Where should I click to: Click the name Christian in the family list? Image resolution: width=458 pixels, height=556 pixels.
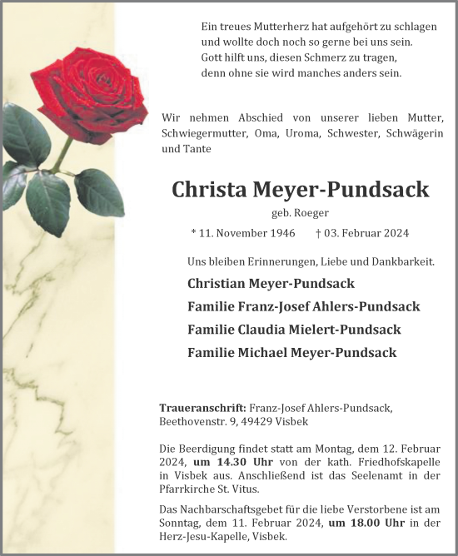tap(222, 284)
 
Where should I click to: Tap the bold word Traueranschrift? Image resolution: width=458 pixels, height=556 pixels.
tap(202, 408)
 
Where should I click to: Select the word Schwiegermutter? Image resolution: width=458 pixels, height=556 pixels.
tap(200, 133)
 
